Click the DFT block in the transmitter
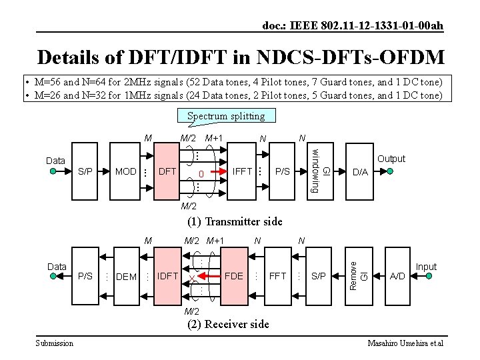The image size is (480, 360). [x=167, y=171]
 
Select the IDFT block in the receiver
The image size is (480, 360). [x=167, y=275]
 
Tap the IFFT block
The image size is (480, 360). [x=242, y=171]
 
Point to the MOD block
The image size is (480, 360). [x=126, y=171]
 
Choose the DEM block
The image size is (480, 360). [x=126, y=276]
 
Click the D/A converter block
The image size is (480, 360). [x=360, y=172]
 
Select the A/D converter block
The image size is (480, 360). [x=397, y=275]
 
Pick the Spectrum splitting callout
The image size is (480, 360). [x=226, y=116]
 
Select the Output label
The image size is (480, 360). [x=391, y=159]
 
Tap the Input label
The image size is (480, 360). [x=426, y=267]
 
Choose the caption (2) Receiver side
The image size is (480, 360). [x=229, y=324]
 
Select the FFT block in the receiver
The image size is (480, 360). [x=277, y=275]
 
